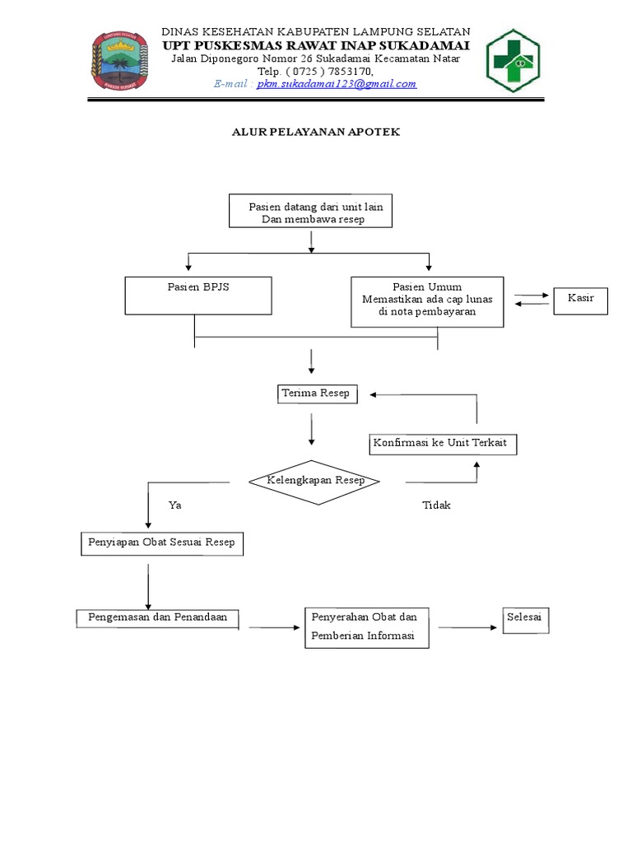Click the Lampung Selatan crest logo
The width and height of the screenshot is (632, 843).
coord(120,62)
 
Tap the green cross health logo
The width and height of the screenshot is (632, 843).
coord(514,60)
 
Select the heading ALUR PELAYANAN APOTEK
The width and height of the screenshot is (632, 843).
coord(315,132)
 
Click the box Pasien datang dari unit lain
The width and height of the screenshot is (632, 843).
coord(310,212)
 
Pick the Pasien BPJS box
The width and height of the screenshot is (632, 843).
coord(198,296)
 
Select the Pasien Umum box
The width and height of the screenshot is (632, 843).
coord(427,301)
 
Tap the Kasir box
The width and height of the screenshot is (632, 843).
coord(581,300)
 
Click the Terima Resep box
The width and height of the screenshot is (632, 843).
coord(315,394)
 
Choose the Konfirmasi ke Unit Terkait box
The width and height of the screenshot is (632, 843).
coord(444,444)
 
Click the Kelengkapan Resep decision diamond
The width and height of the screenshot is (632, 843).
coord(314,481)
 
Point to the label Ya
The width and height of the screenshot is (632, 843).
coord(174,505)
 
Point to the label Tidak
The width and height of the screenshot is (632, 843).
coord(436,505)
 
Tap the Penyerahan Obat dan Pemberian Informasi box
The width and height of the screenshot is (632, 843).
coord(366,627)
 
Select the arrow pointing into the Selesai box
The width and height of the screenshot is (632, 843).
coord(469,628)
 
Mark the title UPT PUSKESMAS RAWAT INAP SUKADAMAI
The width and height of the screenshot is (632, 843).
coord(315,44)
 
